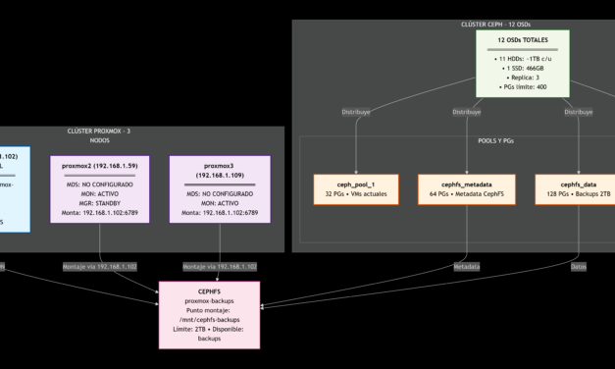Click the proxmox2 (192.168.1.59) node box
(100, 188)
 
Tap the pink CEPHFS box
(210, 313)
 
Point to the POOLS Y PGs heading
(454, 140)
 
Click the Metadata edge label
(466, 267)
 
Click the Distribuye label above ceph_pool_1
(354, 112)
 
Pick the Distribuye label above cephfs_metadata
(467, 112)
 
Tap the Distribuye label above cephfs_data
(579, 112)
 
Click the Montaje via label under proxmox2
(100, 267)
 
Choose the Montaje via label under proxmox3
(220, 267)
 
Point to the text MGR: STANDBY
(100, 201)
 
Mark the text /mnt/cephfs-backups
(210, 320)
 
